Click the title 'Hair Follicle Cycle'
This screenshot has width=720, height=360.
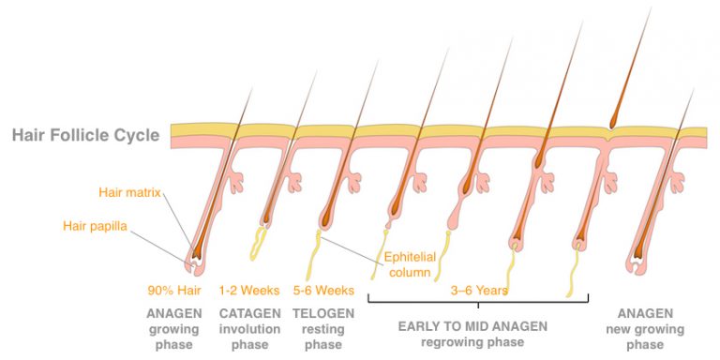coord(85,135)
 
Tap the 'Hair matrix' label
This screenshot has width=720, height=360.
coord(130,193)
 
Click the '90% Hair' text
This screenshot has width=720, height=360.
coord(174,291)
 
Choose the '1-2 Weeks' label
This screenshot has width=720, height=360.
coord(249,291)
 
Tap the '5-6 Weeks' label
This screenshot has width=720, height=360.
coord(323,291)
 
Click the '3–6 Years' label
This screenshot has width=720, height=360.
coord(479,291)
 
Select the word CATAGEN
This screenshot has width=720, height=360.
coord(249,313)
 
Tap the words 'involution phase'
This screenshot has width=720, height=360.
coord(249,337)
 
